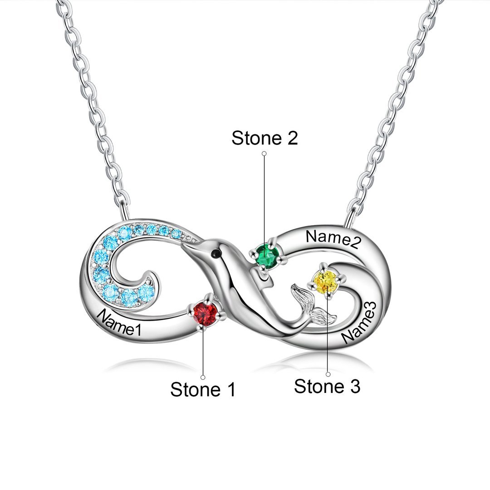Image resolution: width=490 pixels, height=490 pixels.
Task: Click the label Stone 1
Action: pos(203,389)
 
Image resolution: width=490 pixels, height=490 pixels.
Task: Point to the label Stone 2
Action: pos(265,137)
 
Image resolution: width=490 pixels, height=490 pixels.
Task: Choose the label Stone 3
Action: pos(327,386)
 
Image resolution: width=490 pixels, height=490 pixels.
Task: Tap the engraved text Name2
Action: pos(333,239)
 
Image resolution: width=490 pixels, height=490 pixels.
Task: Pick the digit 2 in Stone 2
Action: pos(291,137)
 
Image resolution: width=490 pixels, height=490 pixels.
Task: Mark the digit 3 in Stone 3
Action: pos(354,386)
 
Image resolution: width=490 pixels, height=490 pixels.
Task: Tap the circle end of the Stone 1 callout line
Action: pos(203,377)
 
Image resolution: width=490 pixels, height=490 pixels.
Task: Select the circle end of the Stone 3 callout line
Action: pos(328,374)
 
